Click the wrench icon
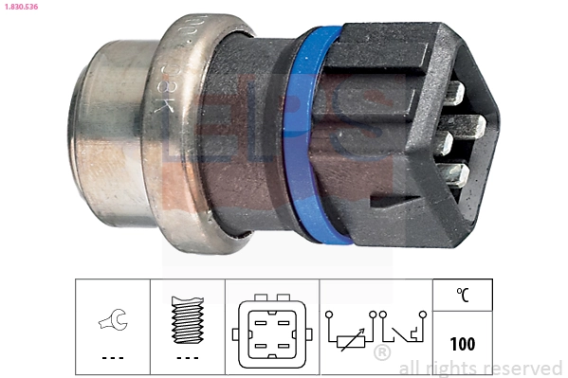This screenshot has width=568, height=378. (112, 322)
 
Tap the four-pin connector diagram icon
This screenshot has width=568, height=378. (271, 333)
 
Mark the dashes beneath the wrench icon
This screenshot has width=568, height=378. (112, 358)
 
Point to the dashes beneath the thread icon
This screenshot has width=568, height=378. (187, 358)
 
